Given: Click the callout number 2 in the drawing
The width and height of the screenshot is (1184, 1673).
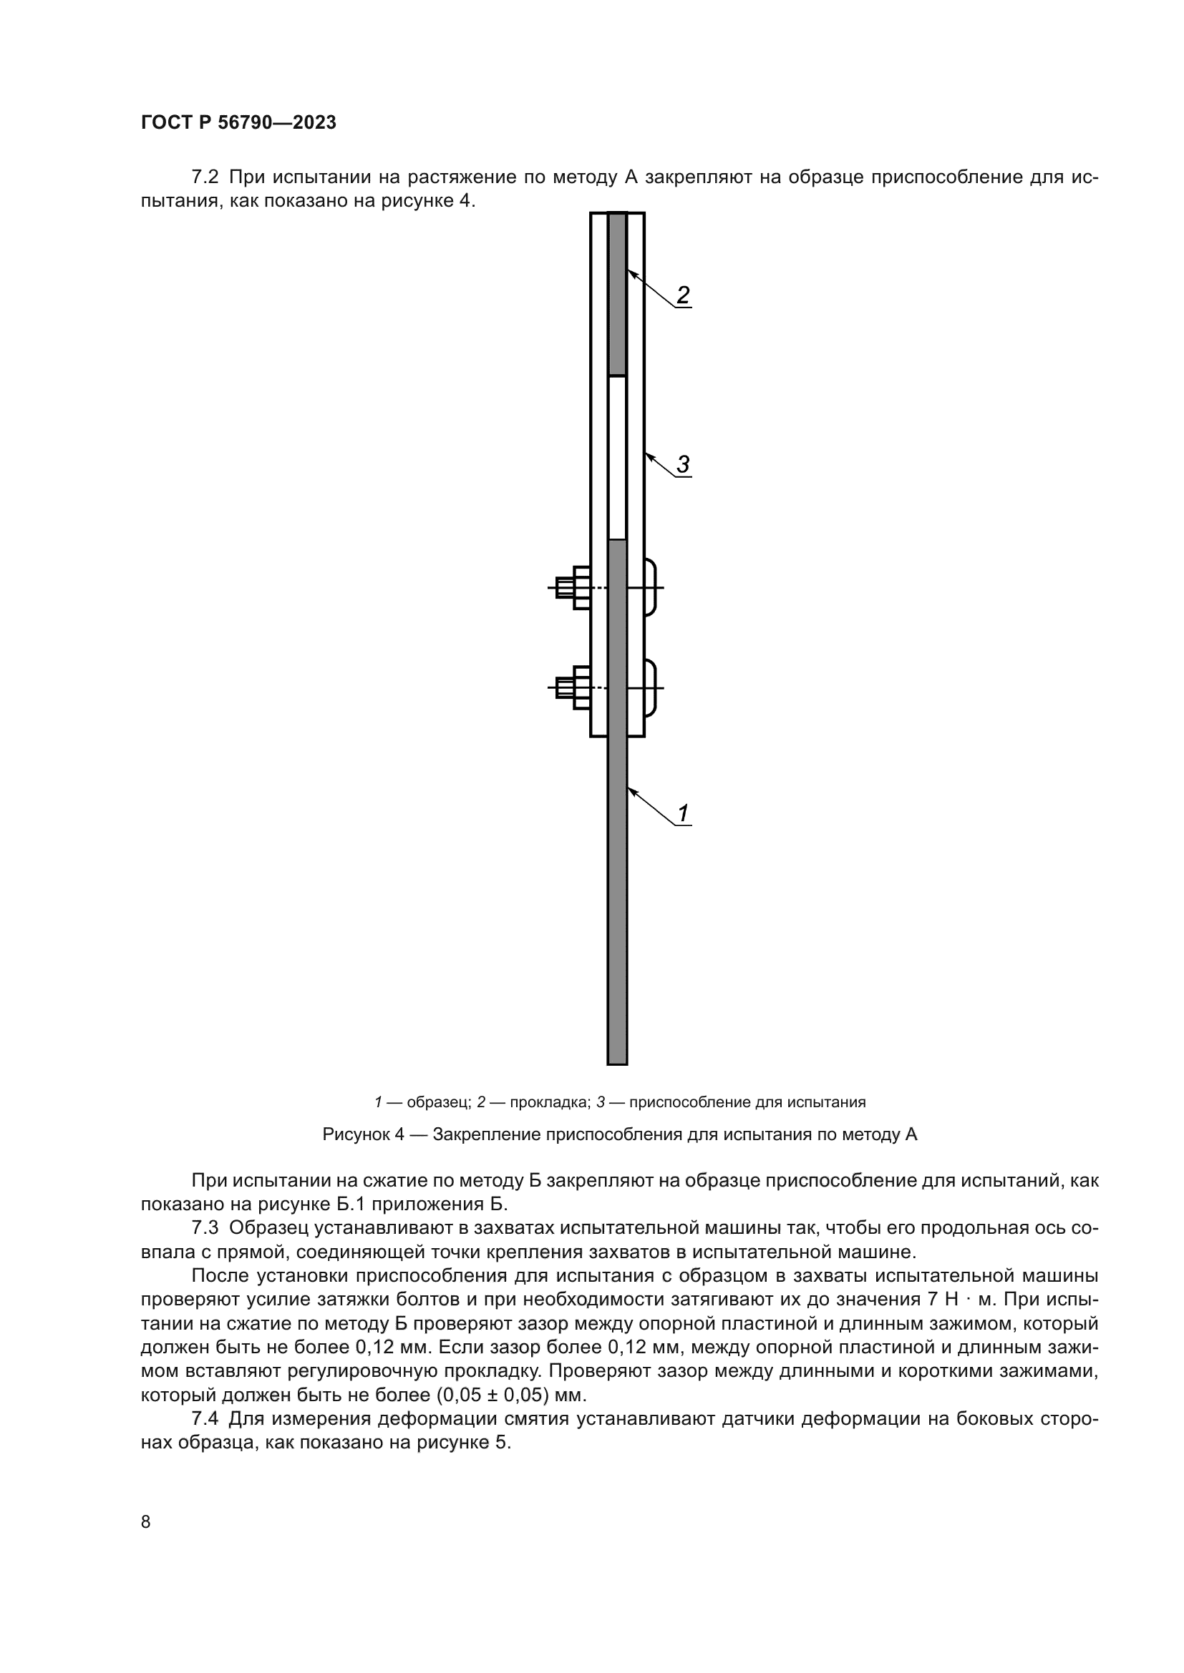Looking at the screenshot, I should click(682, 295).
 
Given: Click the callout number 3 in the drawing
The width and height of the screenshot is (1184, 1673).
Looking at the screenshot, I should click(682, 464).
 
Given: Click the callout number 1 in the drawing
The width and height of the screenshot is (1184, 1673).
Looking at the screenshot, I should click(683, 813).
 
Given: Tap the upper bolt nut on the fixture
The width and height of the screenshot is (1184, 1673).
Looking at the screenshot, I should click(581, 587).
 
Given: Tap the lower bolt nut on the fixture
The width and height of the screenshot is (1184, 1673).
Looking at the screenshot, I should click(581, 687).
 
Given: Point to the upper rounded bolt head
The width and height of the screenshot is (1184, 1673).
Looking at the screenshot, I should click(650, 587).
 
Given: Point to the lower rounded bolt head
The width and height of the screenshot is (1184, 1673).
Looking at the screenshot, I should click(650, 687).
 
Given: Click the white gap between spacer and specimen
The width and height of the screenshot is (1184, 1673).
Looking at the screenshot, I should click(617, 458).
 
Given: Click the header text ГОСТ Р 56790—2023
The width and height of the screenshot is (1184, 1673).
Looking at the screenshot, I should click(238, 122).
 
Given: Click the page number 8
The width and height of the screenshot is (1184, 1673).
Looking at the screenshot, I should click(146, 1521).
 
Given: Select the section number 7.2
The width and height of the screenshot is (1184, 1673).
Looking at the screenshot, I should click(205, 177).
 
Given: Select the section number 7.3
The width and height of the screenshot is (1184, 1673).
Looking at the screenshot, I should click(205, 1228).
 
